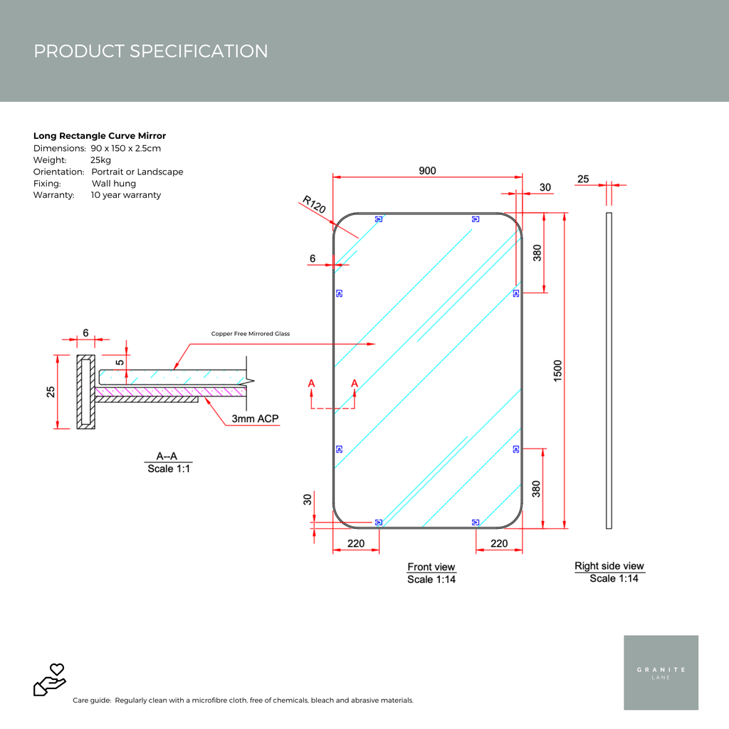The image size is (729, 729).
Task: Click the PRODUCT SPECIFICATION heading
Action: pyautogui.click(x=151, y=51)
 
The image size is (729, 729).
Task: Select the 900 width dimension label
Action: pyautogui.click(x=427, y=171)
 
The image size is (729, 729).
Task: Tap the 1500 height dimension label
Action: pyautogui.click(x=557, y=371)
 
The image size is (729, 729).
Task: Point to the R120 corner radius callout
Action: pyautogui.click(x=314, y=205)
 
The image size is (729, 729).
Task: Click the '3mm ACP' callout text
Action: pyautogui.click(x=255, y=419)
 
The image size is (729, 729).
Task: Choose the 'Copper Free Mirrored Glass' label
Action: pyautogui.click(x=251, y=334)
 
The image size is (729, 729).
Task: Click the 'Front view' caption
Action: pyautogui.click(x=431, y=567)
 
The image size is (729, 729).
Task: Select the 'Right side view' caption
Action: pyautogui.click(x=609, y=566)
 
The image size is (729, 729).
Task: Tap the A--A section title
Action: pyautogui.click(x=167, y=456)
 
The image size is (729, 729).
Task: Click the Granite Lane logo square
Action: pyautogui.click(x=661, y=672)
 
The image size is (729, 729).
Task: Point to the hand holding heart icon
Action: pyautogui.click(x=50, y=679)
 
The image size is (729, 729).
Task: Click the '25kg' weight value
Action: pyautogui.click(x=100, y=160)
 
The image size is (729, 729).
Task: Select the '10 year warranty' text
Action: pyautogui.click(x=126, y=195)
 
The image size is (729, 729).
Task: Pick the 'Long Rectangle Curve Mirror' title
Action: pyautogui.click(x=100, y=136)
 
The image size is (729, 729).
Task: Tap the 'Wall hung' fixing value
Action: pyautogui.click(x=114, y=184)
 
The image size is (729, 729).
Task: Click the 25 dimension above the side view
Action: pyautogui.click(x=583, y=179)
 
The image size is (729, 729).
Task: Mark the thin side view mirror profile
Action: pyautogui.click(x=609, y=370)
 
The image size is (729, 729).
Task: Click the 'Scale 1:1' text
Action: pyautogui.click(x=169, y=468)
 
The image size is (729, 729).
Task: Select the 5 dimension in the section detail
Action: pyautogui.click(x=120, y=362)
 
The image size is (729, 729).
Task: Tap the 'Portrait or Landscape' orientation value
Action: pyautogui.click(x=137, y=172)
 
